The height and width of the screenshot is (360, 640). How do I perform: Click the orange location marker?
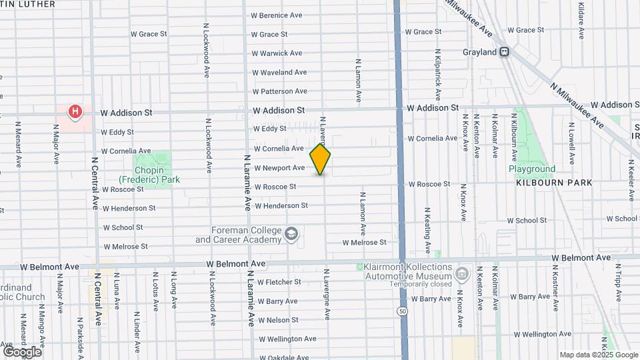pos(320,159)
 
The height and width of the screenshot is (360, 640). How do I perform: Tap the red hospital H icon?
pos(75,111)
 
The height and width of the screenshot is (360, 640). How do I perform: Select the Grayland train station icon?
pos(505,52)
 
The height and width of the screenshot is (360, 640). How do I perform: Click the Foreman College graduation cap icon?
pos(291,234)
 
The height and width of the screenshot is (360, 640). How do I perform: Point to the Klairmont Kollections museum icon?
pos(461,273)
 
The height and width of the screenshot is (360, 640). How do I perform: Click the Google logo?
pos(22,351)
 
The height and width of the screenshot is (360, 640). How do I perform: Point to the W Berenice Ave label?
pos(277,15)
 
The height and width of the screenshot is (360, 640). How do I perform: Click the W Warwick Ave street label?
pos(277,53)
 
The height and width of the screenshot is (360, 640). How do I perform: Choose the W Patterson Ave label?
pos(279,91)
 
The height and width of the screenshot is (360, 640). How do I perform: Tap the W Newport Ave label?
pos(279,168)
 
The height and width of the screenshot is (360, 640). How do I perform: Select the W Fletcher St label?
pos(279,282)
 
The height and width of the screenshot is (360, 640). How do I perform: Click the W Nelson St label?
pos(277,320)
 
